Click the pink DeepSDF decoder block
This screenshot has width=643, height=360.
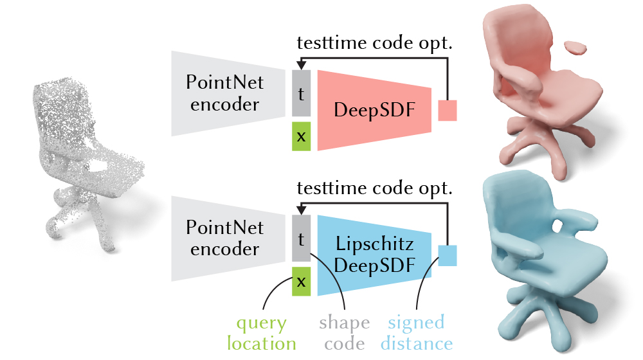click(x=374, y=110)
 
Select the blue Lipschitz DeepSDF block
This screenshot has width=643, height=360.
click(x=374, y=255)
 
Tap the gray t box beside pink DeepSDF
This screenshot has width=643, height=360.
click(x=301, y=93)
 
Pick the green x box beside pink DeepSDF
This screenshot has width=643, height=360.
click(x=301, y=136)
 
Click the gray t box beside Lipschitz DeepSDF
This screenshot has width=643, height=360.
click(x=301, y=239)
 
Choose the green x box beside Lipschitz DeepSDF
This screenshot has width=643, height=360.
click(x=301, y=282)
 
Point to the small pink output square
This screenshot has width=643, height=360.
click(x=448, y=111)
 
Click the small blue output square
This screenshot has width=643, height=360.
click(x=448, y=255)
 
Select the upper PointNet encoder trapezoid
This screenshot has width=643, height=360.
click(x=228, y=93)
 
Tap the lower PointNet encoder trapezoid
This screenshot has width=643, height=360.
click(x=228, y=239)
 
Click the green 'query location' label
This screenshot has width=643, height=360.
click(x=262, y=334)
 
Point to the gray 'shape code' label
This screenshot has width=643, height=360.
click(x=345, y=334)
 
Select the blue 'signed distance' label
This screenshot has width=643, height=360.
click(x=417, y=334)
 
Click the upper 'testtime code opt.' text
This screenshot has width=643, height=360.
click(x=374, y=42)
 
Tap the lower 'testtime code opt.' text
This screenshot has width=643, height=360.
click(x=374, y=188)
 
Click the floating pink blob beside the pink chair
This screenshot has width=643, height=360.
click(x=575, y=48)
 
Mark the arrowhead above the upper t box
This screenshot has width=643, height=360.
click(x=301, y=65)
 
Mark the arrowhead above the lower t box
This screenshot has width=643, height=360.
click(x=301, y=210)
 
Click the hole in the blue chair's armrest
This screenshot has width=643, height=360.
click(x=557, y=226)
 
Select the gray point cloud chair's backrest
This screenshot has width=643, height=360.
click(x=64, y=111)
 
